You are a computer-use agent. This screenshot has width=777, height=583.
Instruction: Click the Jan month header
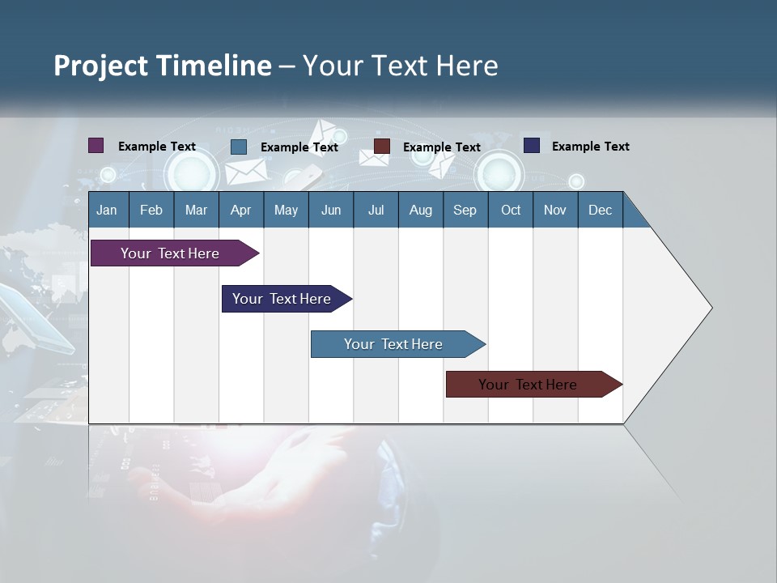pyautogui.click(x=107, y=210)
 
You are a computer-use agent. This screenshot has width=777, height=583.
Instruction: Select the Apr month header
pyautogui.click(x=240, y=210)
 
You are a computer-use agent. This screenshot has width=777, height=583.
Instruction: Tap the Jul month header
pyautogui.click(x=376, y=210)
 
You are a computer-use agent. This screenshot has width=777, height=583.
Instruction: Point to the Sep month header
pyautogui.click(x=465, y=210)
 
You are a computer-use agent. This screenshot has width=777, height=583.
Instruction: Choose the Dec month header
pyautogui.click(x=600, y=210)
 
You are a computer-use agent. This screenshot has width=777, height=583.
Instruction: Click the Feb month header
pyautogui.click(x=151, y=210)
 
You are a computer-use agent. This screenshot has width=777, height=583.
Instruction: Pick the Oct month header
pyautogui.click(x=511, y=210)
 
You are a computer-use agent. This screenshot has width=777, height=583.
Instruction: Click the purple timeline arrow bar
pyautogui.click(x=170, y=253)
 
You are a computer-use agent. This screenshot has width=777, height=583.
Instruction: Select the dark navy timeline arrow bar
pyautogui.click(x=282, y=299)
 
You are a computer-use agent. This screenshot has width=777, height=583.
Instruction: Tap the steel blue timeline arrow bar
pyautogui.click(x=393, y=344)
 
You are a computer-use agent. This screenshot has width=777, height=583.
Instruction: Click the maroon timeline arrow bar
pyautogui.click(x=528, y=385)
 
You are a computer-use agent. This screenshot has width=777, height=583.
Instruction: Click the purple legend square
pyautogui.click(x=96, y=146)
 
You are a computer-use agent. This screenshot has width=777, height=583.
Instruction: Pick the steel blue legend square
pyautogui.click(x=239, y=147)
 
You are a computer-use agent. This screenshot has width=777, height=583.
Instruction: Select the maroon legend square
pyautogui.click(x=382, y=147)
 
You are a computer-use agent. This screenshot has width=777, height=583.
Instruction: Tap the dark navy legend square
pyautogui.click(x=532, y=146)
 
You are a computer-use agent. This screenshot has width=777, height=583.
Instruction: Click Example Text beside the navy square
pyautogui.click(x=590, y=147)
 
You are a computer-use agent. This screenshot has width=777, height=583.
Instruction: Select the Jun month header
pyautogui.click(x=331, y=210)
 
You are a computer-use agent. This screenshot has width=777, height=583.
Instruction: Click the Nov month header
pyautogui.click(x=555, y=210)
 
